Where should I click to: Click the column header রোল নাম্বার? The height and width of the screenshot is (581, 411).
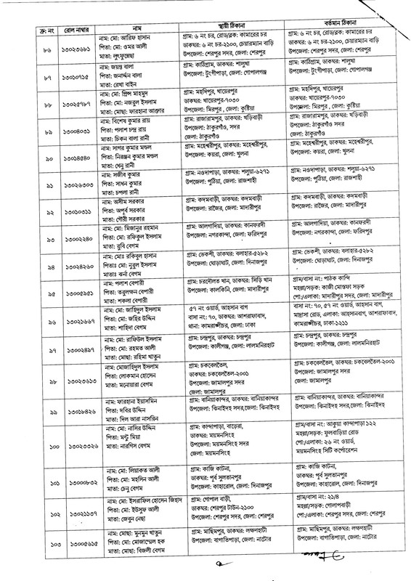(73, 33)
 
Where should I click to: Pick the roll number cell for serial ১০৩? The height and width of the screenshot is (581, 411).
(73, 543)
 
